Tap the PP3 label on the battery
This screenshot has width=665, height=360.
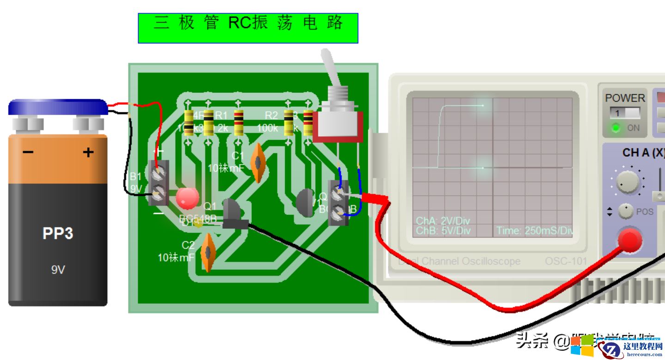58,233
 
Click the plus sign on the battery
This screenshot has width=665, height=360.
88,153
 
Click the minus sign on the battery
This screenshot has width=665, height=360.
28,153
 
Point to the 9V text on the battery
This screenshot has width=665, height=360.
58,270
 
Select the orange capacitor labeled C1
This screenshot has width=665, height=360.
257,162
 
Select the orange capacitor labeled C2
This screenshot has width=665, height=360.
209,252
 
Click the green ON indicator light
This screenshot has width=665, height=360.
616,128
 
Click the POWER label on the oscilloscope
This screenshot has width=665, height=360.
625,98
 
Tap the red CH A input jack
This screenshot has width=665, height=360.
630,240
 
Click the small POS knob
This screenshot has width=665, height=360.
626,211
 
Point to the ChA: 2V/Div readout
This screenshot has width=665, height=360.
443,220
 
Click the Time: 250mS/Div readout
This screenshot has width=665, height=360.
534,231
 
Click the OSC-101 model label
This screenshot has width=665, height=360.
566,261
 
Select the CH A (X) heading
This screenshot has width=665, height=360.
642,153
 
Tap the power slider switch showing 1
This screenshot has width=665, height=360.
625,113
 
